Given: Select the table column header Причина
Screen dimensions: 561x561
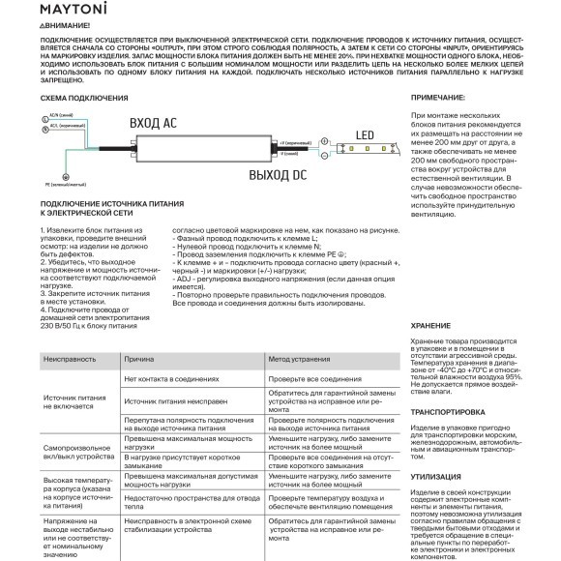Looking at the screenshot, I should (x=140, y=358).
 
